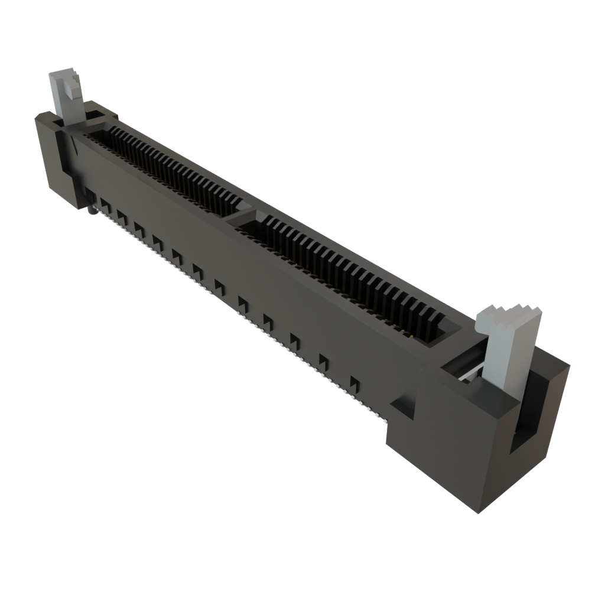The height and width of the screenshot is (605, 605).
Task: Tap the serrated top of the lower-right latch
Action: [x=509, y=313]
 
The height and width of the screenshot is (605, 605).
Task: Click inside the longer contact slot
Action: [x=349, y=278]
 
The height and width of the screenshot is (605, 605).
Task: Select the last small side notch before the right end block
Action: [x=354, y=383]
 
